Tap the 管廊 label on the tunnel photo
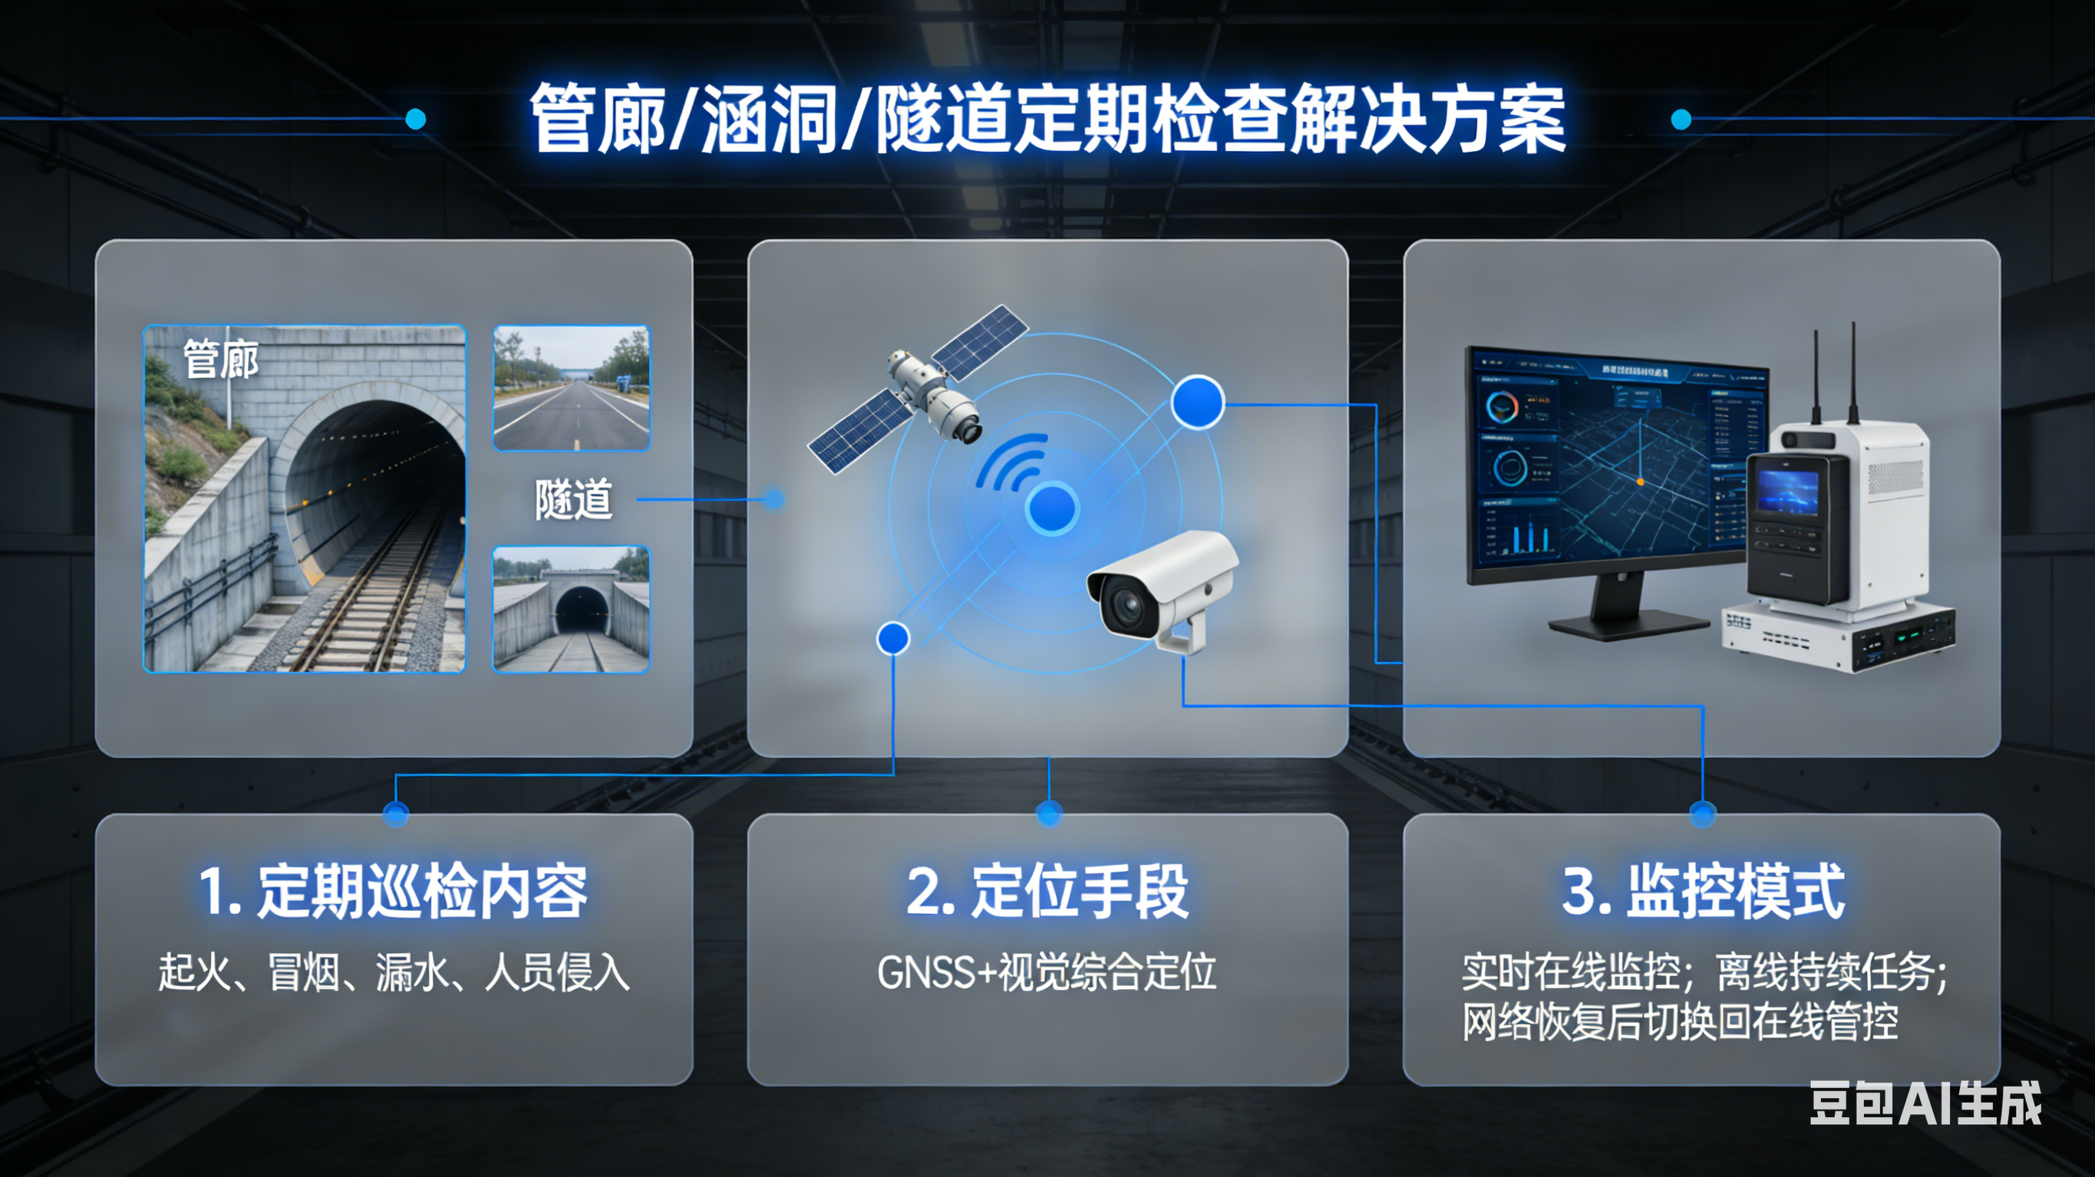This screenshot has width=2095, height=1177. [221, 360]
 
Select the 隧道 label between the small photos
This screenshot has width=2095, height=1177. [573, 499]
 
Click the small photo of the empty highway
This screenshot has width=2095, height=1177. [571, 389]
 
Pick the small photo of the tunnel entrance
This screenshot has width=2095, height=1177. [571, 609]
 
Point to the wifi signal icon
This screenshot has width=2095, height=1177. [1010, 463]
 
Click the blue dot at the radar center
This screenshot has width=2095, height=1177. [1052, 509]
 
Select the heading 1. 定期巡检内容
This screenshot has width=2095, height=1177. [394, 892]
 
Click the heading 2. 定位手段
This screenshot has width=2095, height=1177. [1047, 892]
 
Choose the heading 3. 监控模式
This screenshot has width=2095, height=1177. [1703, 892]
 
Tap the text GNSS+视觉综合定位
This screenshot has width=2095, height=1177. [1047, 972]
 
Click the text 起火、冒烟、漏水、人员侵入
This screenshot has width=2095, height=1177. [394, 972]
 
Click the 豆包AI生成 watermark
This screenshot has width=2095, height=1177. [1924, 1104]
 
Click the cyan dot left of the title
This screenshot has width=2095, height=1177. [416, 120]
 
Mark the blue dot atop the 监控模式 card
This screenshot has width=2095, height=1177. [1703, 813]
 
